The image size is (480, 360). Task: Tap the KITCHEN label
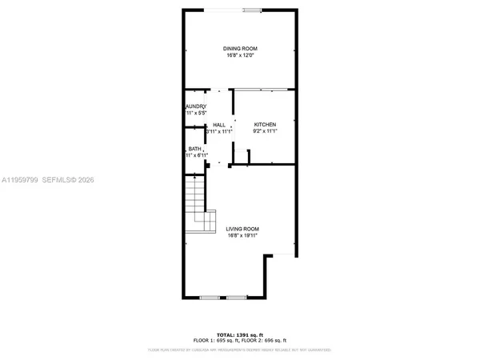265,125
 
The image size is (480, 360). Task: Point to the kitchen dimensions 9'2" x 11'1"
265,132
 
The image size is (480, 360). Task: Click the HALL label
218,125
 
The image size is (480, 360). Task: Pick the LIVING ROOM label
242,229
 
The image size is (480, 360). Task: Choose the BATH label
194,149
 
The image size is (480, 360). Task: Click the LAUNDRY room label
196,107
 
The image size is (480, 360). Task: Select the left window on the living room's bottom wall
210,298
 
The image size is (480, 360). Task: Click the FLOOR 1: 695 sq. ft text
214,340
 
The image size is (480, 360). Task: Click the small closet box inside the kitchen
242,158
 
